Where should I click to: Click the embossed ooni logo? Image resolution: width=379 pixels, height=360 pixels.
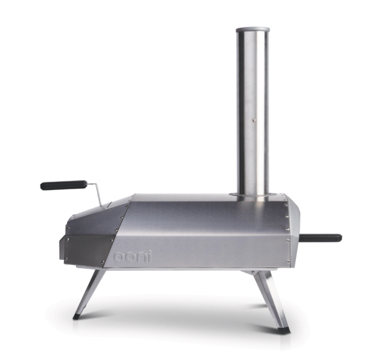pyautogui.click(x=132, y=256)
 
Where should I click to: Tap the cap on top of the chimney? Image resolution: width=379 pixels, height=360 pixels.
pyautogui.click(x=253, y=30)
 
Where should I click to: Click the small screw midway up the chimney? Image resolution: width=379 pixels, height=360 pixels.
pyautogui.click(x=253, y=119)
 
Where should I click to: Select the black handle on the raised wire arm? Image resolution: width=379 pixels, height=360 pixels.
pyautogui.click(x=63, y=184)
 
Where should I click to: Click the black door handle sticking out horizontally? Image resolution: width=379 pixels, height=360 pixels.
pyautogui.click(x=320, y=238)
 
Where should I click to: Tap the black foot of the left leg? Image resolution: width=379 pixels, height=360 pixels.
pyautogui.click(x=77, y=317)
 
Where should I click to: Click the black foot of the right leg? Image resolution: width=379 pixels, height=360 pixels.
pyautogui.click(x=284, y=330)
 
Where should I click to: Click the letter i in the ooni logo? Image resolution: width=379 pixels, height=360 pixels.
pyautogui.click(x=150, y=256)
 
